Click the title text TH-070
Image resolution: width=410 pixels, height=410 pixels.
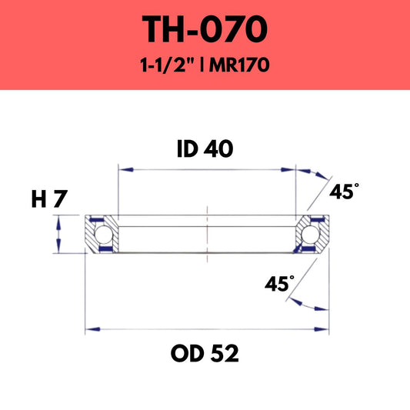tap(205, 29)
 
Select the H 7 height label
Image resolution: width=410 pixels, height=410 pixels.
tap(49, 200)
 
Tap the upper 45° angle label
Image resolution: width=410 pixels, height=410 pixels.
tap(343, 192)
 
